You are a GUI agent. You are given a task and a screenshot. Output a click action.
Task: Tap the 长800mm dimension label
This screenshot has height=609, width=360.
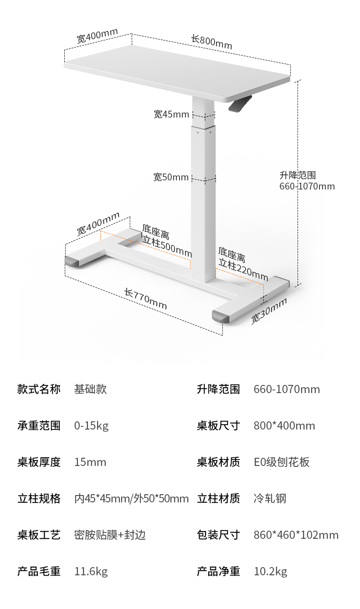[211, 42]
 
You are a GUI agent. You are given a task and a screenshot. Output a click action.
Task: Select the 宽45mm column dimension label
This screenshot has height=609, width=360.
[171, 114]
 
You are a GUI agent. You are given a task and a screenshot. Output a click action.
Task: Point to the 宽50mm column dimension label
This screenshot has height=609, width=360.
[171, 177]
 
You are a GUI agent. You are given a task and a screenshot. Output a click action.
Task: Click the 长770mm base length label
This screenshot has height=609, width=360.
[146, 299]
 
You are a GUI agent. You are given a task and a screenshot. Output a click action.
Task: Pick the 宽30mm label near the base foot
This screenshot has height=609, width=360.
[269, 311]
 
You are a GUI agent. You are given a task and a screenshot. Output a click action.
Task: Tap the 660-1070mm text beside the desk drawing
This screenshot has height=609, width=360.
[307, 186]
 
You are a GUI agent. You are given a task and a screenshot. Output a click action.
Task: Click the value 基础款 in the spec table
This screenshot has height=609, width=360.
[90, 389]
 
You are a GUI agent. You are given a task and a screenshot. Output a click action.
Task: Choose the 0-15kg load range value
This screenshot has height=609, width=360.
[91, 426]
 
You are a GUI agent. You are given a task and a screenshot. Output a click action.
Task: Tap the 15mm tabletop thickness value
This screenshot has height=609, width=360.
[90, 462]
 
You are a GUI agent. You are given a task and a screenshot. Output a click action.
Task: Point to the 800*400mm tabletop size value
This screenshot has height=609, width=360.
[284, 426]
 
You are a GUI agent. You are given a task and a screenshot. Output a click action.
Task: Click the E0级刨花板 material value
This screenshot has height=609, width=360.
[282, 462]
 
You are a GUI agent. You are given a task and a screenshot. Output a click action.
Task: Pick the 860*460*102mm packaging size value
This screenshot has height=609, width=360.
[296, 535]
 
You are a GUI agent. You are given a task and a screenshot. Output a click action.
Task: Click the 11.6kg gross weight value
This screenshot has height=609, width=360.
[91, 572]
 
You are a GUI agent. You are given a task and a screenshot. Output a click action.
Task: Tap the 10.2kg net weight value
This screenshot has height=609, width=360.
[270, 572]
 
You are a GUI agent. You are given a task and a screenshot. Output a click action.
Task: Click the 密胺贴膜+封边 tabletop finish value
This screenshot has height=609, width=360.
[110, 535]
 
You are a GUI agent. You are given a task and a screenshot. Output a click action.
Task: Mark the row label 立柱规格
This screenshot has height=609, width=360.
[39, 499]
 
